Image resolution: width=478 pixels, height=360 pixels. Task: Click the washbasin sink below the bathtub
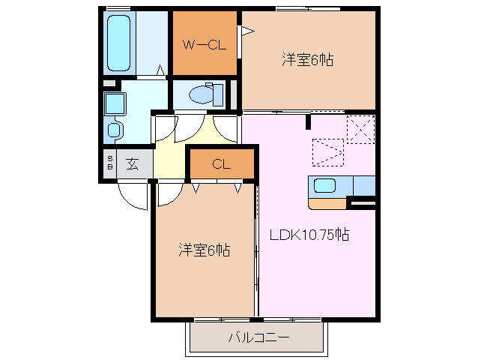pyautogui.click(x=115, y=129)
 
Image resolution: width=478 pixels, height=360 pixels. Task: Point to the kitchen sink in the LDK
pyautogui.click(x=326, y=186)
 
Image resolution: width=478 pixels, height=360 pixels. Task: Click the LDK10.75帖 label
pyautogui.click(x=309, y=235)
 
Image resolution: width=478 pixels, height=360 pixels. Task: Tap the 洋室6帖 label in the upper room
pyautogui.click(x=307, y=60)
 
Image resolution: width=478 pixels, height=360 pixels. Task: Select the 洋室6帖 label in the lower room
pyautogui.click(x=204, y=250)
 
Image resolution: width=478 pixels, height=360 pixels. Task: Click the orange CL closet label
pyautogui.click(x=221, y=164)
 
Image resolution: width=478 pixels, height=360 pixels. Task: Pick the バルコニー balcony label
pyautogui.click(x=258, y=337)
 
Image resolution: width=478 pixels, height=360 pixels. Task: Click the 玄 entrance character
pyautogui.click(x=133, y=164)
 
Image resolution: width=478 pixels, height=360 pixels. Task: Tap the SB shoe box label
pyautogui.click(x=110, y=164)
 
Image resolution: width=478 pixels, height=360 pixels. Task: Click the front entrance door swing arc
pyautogui.click(x=131, y=197)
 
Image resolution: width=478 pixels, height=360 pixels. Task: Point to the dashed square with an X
pyautogui.click(x=360, y=128)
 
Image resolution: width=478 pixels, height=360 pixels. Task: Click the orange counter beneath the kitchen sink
pyautogui.click(x=327, y=202)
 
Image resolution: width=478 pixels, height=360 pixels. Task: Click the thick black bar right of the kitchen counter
pyautogui.click(x=363, y=202)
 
